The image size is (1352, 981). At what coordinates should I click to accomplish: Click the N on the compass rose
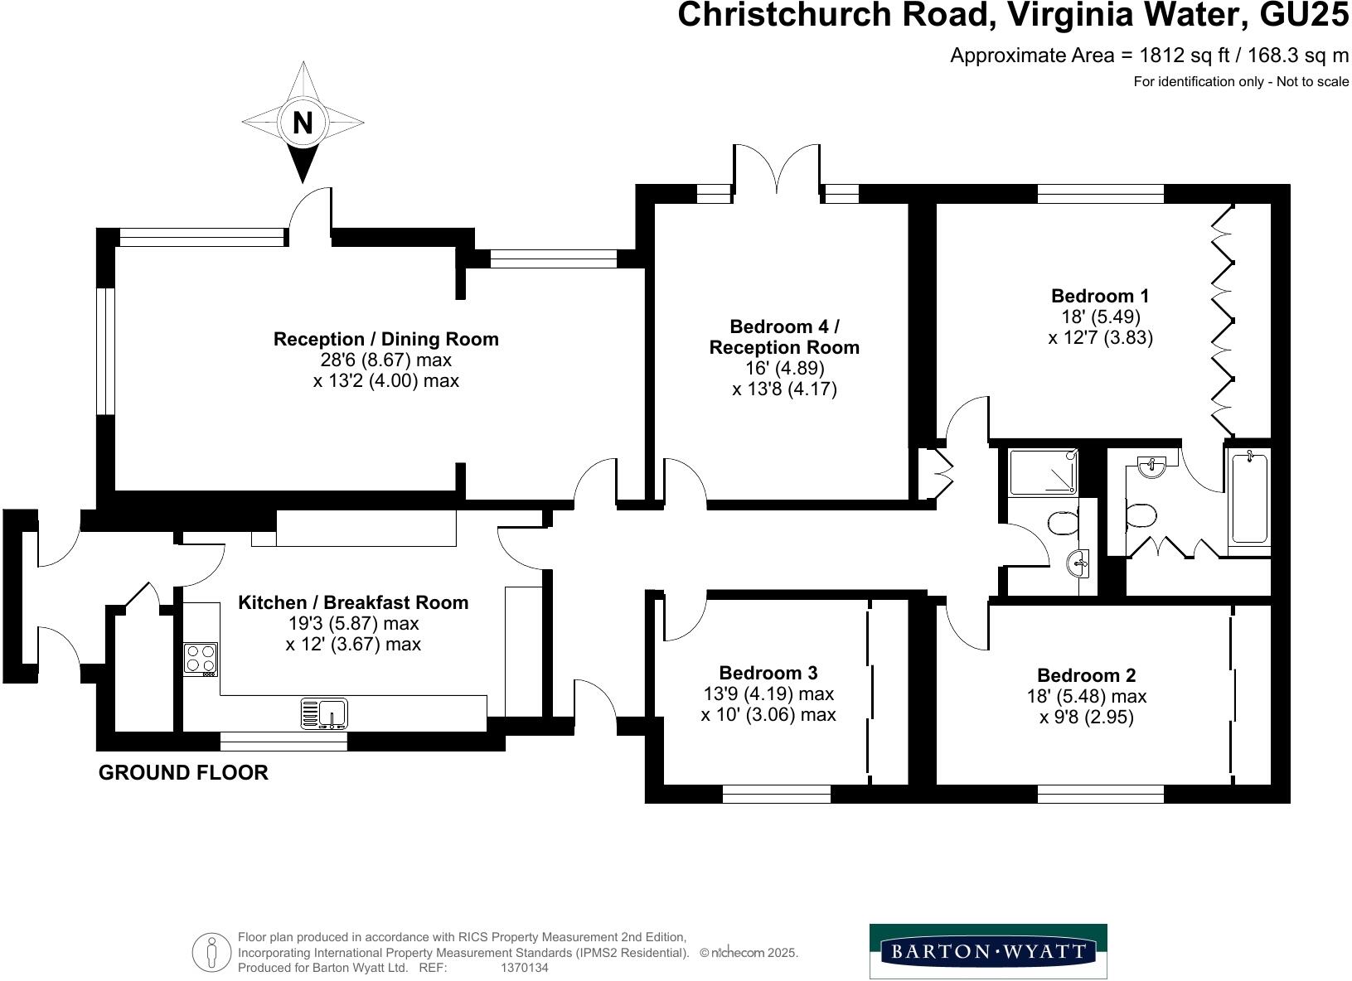tap(303, 123)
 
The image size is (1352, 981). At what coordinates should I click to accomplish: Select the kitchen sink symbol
tap(324, 713)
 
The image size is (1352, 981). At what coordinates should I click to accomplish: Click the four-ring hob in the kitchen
tap(200, 659)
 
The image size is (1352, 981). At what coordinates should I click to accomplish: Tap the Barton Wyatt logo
tap(987, 951)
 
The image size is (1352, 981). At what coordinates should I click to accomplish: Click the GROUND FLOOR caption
tap(183, 773)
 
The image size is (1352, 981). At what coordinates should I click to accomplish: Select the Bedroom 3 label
tap(768, 673)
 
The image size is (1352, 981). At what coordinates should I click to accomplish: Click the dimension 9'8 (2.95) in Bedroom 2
tap(1086, 717)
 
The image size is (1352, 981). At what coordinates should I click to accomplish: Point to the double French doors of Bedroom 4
tap(777, 170)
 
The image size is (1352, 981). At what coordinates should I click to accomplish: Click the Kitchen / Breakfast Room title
tap(353, 602)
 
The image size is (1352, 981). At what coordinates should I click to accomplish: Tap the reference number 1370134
tap(525, 967)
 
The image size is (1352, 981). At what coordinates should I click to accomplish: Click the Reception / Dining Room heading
tap(386, 339)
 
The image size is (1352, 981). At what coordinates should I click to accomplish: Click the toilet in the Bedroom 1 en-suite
tap(1141, 517)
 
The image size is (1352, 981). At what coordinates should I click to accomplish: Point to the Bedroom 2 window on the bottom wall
tap(1100, 795)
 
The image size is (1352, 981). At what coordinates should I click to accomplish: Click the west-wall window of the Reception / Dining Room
tap(105, 350)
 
